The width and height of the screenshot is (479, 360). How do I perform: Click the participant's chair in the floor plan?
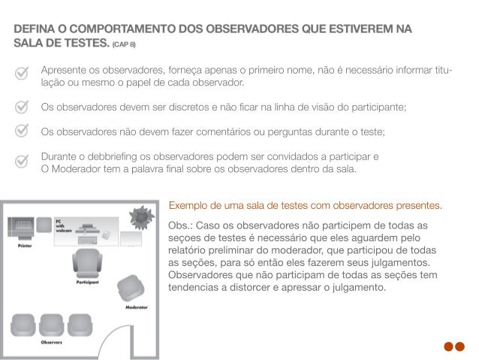click(x=89, y=263)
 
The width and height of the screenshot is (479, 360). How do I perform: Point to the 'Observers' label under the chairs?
click(x=51, y=341)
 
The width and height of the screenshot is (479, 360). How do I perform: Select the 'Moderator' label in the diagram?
click(x=136, y=308)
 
